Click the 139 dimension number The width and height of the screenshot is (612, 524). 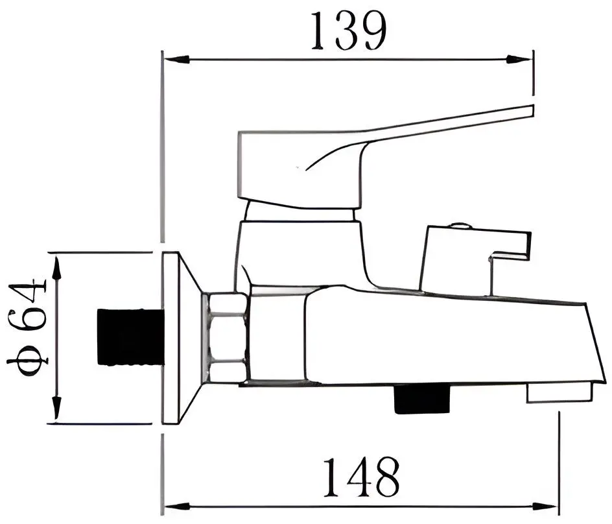coord(349,30)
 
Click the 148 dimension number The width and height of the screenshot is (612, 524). coord(360,477)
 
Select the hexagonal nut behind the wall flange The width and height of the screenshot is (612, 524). coord(226,337)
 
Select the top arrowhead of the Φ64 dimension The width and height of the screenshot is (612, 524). coord(56,263)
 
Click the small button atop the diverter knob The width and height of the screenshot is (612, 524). coord(461,226)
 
